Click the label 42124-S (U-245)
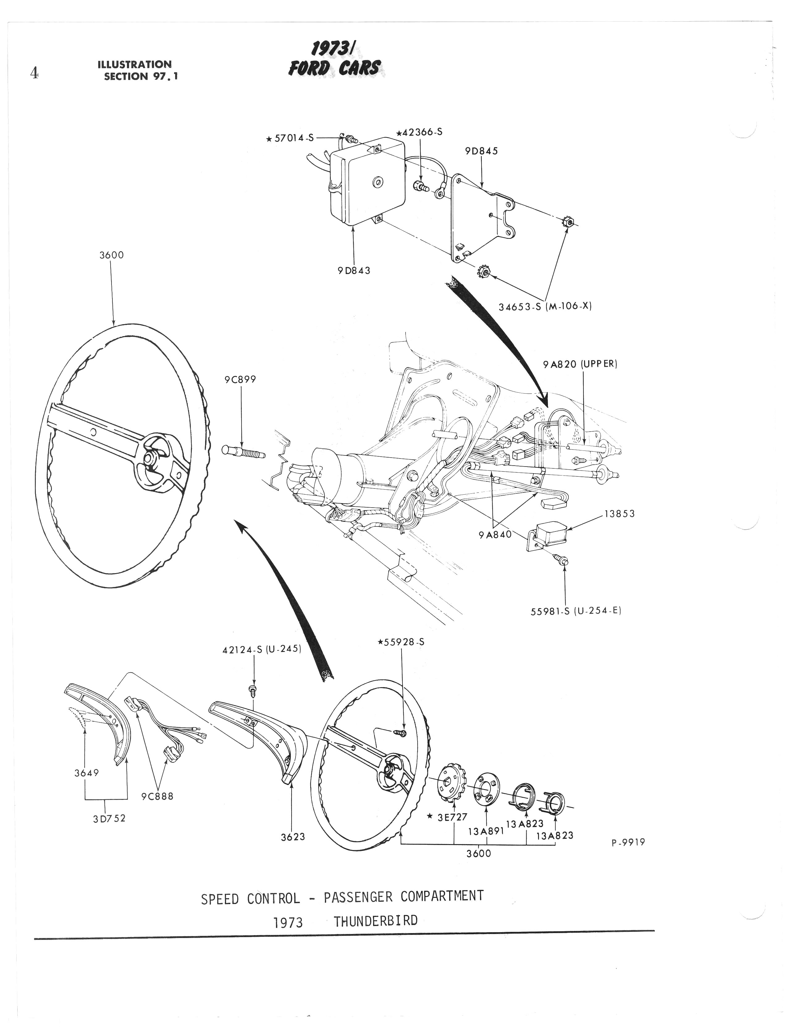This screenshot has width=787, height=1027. (x=261, y=650)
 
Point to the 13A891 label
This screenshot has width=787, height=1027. (x=486, y=831)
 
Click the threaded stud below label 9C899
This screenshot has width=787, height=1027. (x=243, y=452)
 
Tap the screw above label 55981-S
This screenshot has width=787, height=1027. (x=560, y=559)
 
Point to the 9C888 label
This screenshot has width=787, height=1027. (x=158, y=796)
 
